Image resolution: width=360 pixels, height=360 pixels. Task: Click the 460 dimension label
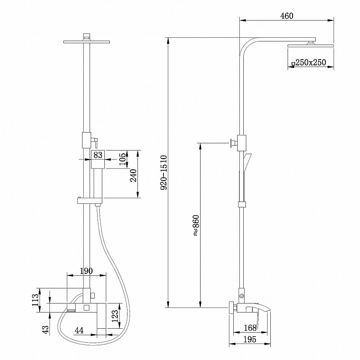(287, 16)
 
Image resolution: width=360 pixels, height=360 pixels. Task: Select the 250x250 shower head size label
(311, 62)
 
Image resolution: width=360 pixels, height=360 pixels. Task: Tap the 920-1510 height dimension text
(164, 172)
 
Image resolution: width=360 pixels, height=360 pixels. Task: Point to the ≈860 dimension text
(196, 225)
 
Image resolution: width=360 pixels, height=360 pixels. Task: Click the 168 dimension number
(250, 328)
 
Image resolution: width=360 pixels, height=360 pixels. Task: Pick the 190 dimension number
(86, 271)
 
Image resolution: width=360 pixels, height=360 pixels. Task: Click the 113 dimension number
(35, 300)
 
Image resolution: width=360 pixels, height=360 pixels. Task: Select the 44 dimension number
(79, 330)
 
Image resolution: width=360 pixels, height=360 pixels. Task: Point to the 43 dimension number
(46, 329)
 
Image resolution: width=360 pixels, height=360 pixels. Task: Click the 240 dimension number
(133, 175)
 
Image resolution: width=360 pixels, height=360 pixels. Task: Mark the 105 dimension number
(122, 159)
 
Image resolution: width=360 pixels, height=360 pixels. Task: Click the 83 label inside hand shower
(98, 155)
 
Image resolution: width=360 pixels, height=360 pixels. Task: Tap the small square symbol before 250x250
(293, 64)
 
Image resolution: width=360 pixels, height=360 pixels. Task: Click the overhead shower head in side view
(311, 45)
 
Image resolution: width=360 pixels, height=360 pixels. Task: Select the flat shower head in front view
(86, 42)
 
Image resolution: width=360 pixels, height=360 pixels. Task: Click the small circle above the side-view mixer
(242, 296)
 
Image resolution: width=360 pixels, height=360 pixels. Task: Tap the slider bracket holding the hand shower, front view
(89, 201)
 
